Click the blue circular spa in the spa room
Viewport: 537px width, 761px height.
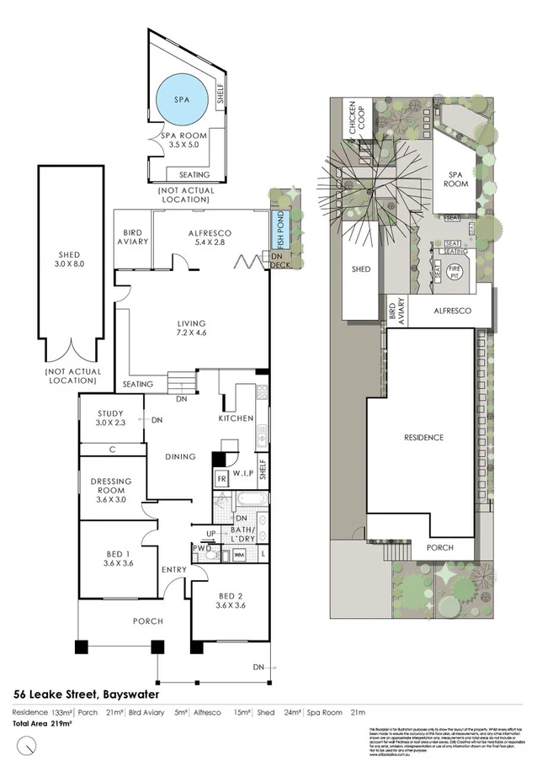click(x=183, y=98)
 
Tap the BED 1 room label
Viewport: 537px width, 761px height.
click(x=117, y=557)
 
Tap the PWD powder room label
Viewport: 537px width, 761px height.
click(x=202, y=549)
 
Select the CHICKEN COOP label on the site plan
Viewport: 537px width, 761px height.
click(x=353, y=122)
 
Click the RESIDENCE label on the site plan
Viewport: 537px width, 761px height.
click(x=423, y=438)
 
